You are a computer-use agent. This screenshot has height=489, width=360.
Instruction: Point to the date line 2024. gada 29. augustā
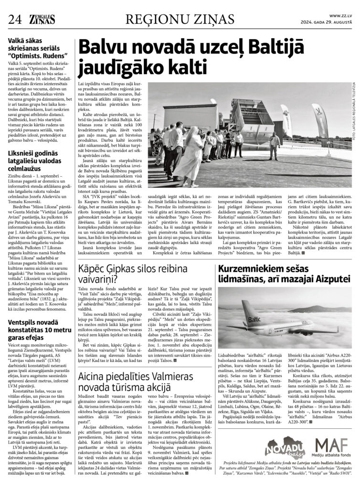[328, 22]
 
